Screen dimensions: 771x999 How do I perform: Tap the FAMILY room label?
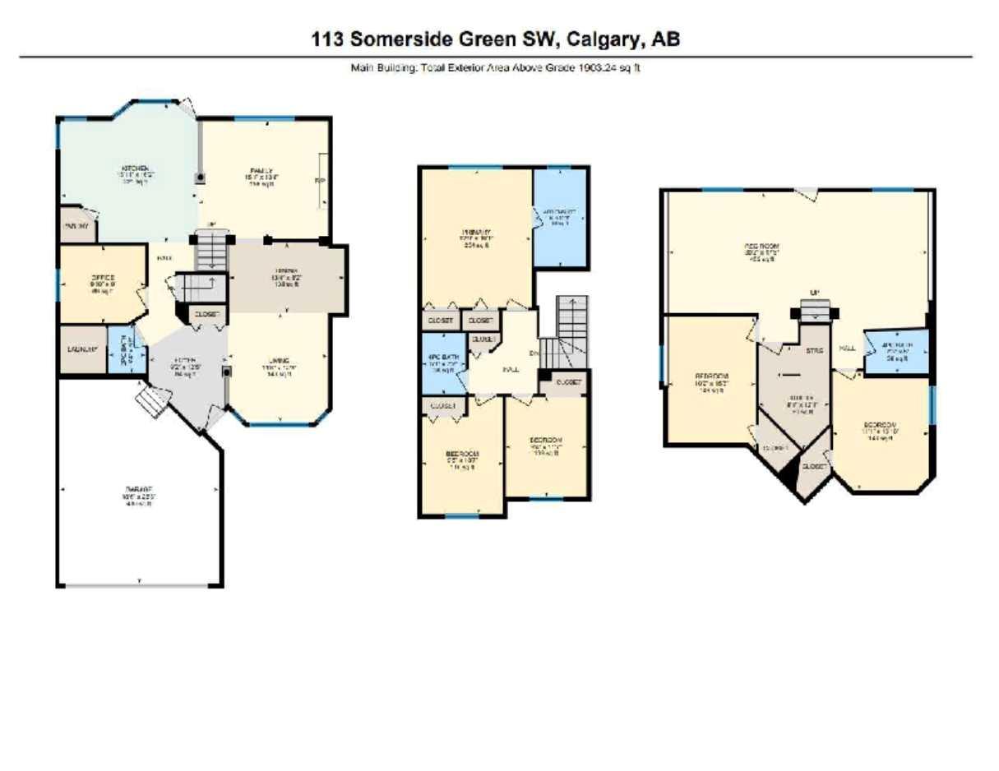pos(261,169)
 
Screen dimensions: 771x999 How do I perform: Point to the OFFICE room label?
pos(102,277)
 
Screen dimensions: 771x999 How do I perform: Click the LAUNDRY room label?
pos(82,349)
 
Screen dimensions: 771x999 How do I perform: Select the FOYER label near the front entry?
pos(183,360)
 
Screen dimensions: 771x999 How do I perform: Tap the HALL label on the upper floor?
pos(511,368)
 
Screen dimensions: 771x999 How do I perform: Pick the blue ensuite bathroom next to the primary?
pos(560,218)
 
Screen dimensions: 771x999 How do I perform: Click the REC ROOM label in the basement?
pos(761,247)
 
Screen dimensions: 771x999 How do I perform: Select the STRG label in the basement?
pos(814,350)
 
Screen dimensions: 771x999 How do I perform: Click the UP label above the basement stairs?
pos(814,293)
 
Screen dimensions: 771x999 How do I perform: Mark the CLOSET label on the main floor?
pos(208,313)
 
